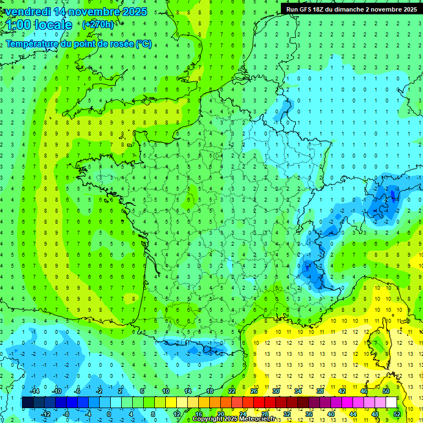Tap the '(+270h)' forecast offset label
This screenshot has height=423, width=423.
pos(98,24)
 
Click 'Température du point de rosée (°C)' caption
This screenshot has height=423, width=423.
pos(79,44)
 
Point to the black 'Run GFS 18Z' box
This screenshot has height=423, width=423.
pos(351,9)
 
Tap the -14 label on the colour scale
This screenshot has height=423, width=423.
pos(35,391)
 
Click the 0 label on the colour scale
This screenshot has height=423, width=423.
pos(109,414)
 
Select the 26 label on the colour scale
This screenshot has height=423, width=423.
pos(253,391)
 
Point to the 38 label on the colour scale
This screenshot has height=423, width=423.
pos(319,391)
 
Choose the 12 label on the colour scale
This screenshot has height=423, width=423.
pos(177,414)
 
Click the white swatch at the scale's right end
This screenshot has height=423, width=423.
pos(391,403)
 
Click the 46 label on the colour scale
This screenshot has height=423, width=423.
pos(364,391)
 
